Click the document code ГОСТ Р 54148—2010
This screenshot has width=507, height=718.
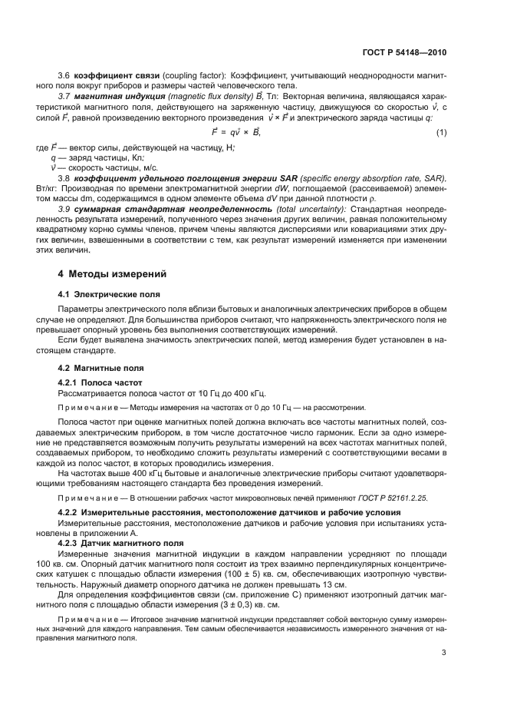tap(405, 53)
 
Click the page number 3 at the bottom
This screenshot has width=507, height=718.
tap(444, 653)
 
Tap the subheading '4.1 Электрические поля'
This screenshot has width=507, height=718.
tap(103, 294)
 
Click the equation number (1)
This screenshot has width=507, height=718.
tap(442, 134)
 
